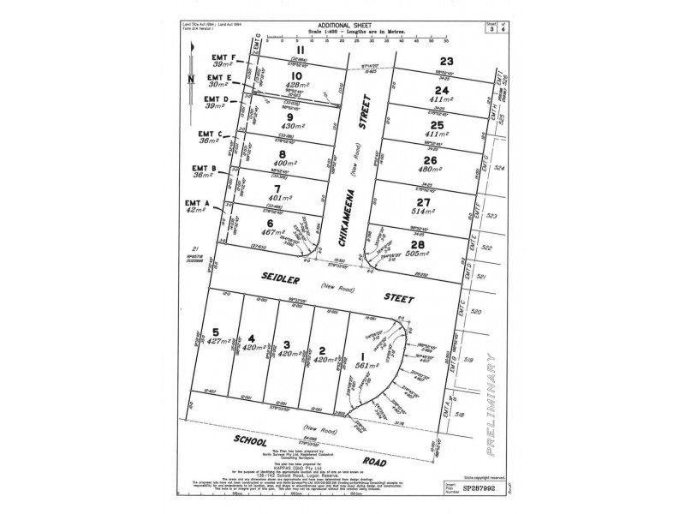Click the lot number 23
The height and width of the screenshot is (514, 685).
pyautogui.click(x=446, y=61)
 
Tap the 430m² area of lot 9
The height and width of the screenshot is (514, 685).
pyautogui.click(x=294, y=126)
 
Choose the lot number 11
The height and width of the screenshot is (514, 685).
pyautogui.click(x=300, y=50)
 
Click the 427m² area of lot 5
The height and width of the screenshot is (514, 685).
pyautogui.click(x=223, y=341)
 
